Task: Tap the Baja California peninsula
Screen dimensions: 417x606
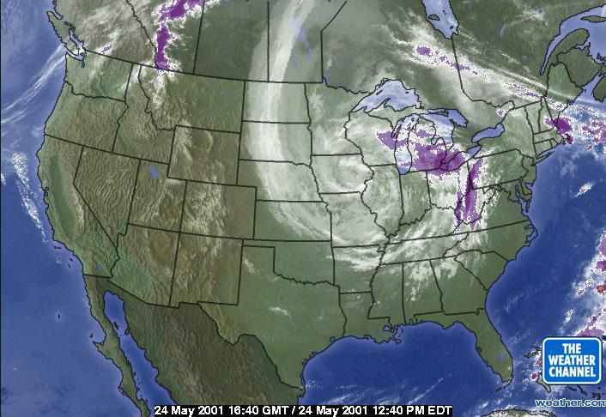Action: [116, 330]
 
